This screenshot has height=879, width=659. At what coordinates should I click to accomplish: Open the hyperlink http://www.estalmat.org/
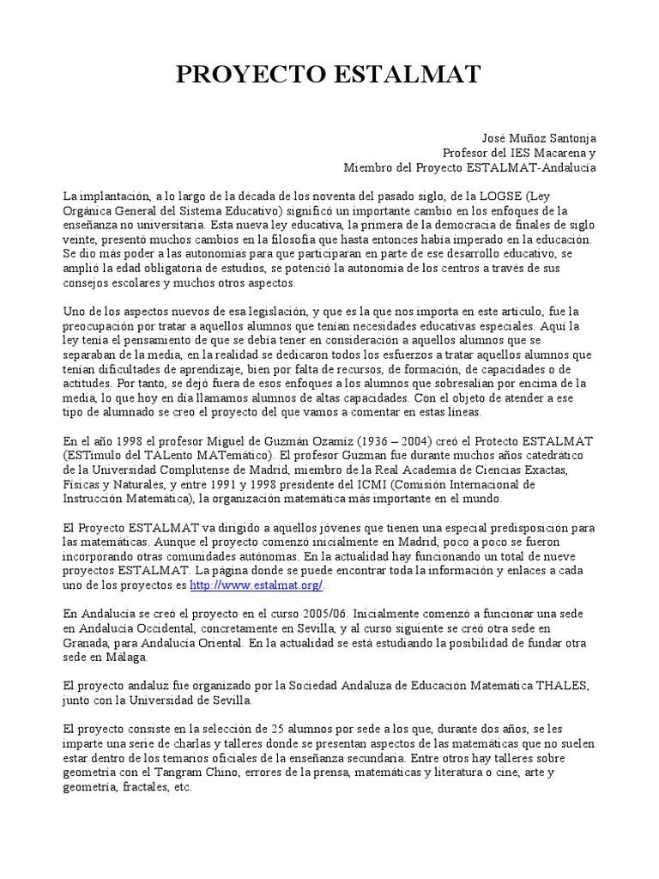257,585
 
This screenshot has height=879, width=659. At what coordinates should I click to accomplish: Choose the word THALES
564,686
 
